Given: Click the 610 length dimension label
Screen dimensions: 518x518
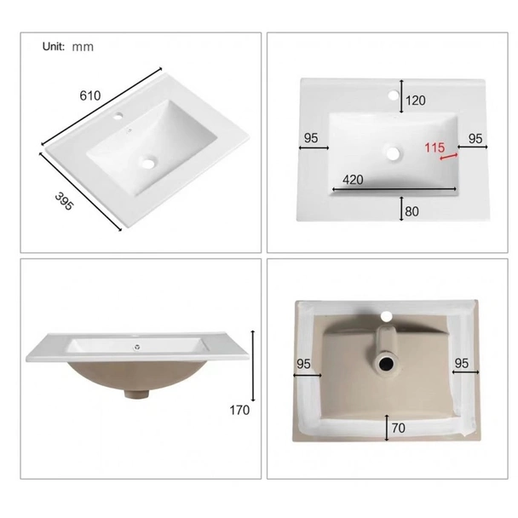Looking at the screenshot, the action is click(x=90, y=95).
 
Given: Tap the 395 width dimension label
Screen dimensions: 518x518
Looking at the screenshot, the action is click(x=64, y=201).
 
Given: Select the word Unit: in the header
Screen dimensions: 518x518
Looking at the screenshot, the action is click(x=54, y=47).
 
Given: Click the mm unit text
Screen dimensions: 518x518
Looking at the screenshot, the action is click(x=83, y=47).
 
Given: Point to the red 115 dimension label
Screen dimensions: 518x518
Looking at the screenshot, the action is click(x=435, y=147).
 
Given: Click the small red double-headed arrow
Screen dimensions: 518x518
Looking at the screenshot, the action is click(x=449, y=157).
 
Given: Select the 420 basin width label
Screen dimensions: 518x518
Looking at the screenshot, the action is click(x=353, y=180).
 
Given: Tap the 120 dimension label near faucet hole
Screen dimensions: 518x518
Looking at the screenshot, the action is click(x=415, y=101).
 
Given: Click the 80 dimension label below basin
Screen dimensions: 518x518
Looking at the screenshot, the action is click(x=412, y=211).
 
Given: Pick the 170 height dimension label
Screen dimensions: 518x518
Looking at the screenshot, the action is click(x=239, y=411).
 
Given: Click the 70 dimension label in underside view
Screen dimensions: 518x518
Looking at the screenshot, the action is click(x=399, y=429).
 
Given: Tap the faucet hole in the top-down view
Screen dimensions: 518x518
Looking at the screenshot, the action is click(x=394, y=95).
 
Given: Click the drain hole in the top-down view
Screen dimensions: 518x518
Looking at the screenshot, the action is click(x=394, y=153).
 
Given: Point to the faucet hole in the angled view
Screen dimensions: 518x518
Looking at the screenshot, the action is click(x=118, y=116).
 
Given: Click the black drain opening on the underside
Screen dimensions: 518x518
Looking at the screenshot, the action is click(x=386, y=365).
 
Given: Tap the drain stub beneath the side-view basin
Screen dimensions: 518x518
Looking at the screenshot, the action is click(x=136, y=394).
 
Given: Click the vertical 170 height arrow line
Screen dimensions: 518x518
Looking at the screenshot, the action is click(x=253, y=365).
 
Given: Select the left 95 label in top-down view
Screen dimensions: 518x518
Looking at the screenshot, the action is click(x=311, y=138).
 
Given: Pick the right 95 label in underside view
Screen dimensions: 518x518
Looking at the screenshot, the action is click(x=462, y=364).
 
